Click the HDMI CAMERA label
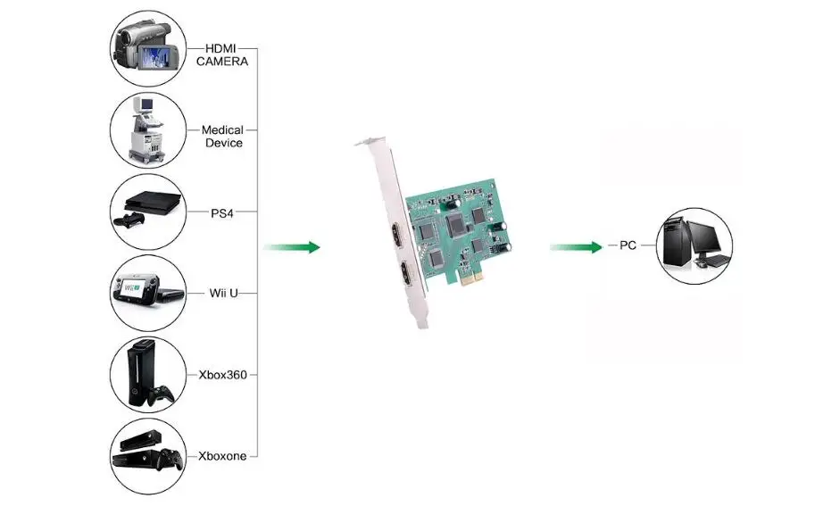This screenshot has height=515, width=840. tap(221, 55)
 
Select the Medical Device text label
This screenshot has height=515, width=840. tap(222, 137)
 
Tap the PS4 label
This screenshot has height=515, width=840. tap(221, 213)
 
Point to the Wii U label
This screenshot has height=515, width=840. tap(223, 293)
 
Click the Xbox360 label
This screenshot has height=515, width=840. tap(223, 375)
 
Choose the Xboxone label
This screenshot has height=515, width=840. tap(222, 456)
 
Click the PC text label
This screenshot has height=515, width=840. tap(628, 245)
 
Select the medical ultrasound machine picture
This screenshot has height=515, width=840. tap(146, 129)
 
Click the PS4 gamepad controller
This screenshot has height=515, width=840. tap(129, 220)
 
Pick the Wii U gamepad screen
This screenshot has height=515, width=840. tap(132, 287)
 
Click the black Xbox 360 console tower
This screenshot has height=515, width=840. tap(139, 372)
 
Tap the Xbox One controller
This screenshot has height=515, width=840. tap(170, 460)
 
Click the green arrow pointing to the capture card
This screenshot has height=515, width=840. tap(291, 247)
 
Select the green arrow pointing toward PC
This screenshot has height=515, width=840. tap(576, 247)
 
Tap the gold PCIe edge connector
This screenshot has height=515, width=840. tap(471, 278)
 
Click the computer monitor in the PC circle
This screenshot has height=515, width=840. tap(704, 239)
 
